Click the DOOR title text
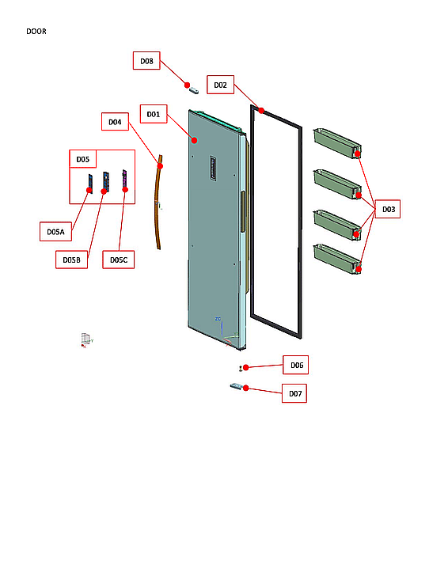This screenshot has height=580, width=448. coord(36,32)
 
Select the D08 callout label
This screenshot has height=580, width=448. coord(146,61)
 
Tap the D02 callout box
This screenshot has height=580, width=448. coord(220,85)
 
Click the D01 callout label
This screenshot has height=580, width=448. coord(153,115)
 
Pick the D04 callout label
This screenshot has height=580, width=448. coord(115,122)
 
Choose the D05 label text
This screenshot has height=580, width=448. coord(82,159)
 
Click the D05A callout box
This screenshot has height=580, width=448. coord(55,232)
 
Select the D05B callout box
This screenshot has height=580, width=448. coord(72,259)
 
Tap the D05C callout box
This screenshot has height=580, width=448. coord(118,259)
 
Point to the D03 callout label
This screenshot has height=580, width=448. coord(388,209)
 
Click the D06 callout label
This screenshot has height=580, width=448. coord(296,365)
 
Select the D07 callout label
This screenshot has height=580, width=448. coord(294,393)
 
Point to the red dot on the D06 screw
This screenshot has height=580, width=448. coord(246,367)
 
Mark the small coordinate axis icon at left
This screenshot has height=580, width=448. coord(85,340)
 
